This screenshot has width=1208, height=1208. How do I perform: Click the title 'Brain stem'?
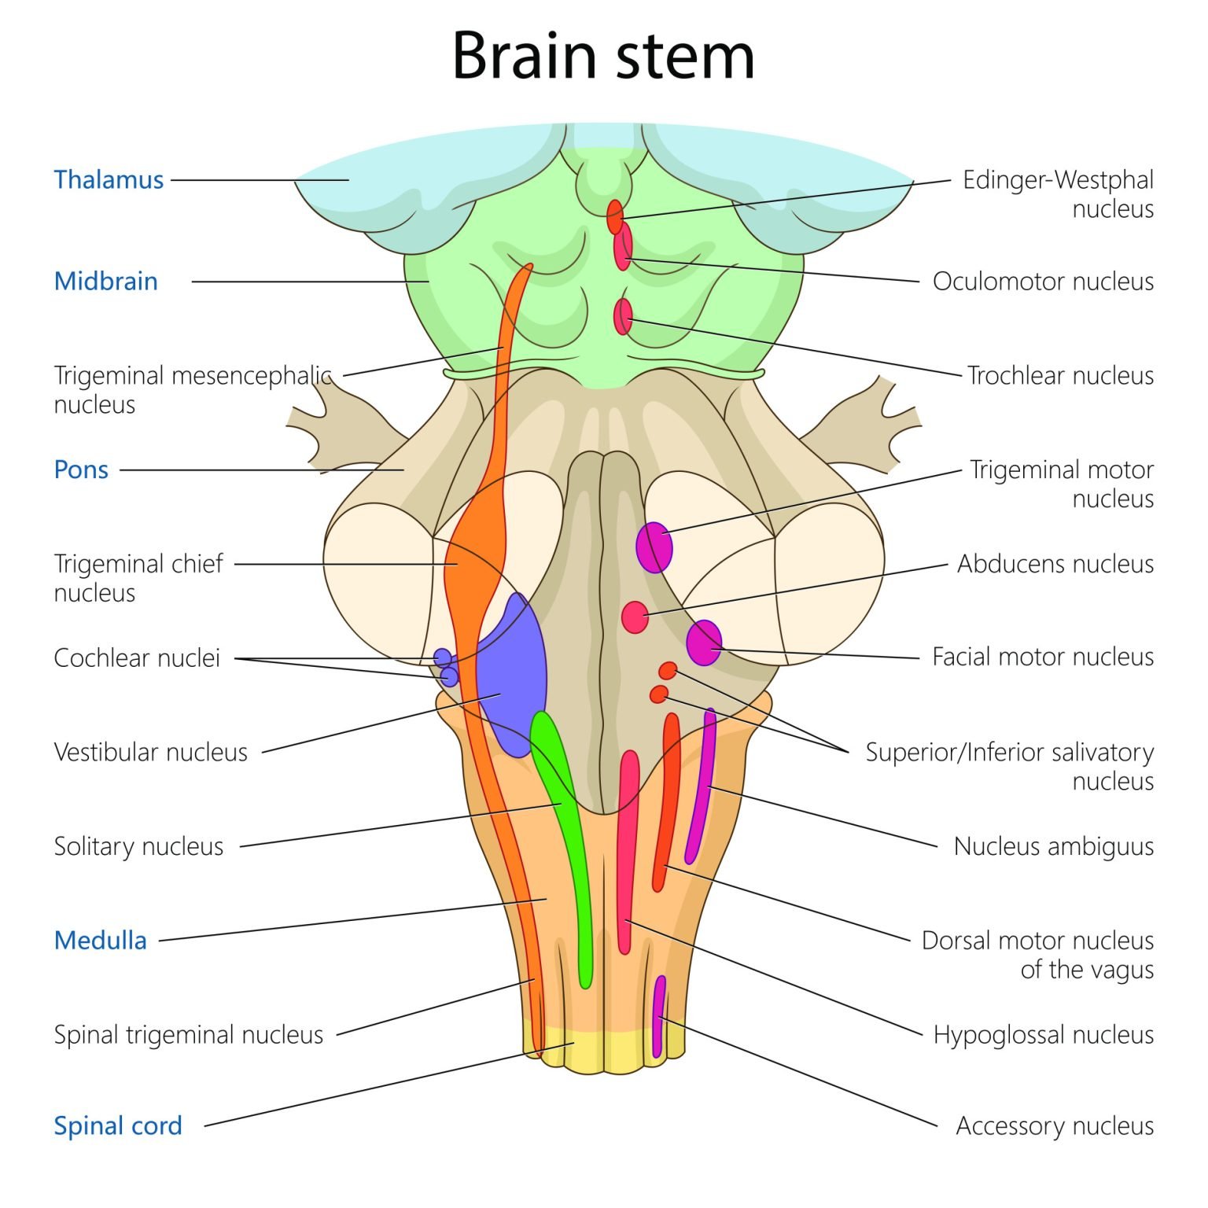coord(603,57)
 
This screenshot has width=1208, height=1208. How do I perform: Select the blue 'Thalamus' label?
coord(109,180)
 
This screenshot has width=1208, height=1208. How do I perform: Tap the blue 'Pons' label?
coord(81,470)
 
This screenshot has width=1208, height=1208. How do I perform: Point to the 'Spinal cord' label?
coord(118,1125)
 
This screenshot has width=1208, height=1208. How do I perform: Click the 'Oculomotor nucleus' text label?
coord(1043,282)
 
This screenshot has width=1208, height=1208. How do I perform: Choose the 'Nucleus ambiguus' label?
coord(1053,846)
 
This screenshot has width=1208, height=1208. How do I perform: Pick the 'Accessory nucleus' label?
coord(1054,1126)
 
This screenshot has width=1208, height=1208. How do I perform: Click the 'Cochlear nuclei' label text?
coord(137,657)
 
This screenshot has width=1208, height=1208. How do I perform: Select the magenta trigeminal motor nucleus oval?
coord(654,547)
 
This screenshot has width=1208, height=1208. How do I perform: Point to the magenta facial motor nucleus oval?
coord(704,643)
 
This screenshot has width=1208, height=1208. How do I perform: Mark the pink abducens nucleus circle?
coord(635,617)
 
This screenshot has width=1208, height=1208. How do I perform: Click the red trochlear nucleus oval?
coord(623,316)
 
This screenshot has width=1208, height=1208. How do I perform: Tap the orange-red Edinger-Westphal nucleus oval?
coord(615,216)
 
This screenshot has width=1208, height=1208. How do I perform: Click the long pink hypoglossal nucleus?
coord(627,849)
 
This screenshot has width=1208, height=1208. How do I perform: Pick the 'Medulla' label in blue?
coord(101,941)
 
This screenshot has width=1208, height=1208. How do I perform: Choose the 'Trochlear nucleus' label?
coord(1059,376)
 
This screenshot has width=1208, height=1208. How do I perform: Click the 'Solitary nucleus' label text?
coord(138,846)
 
